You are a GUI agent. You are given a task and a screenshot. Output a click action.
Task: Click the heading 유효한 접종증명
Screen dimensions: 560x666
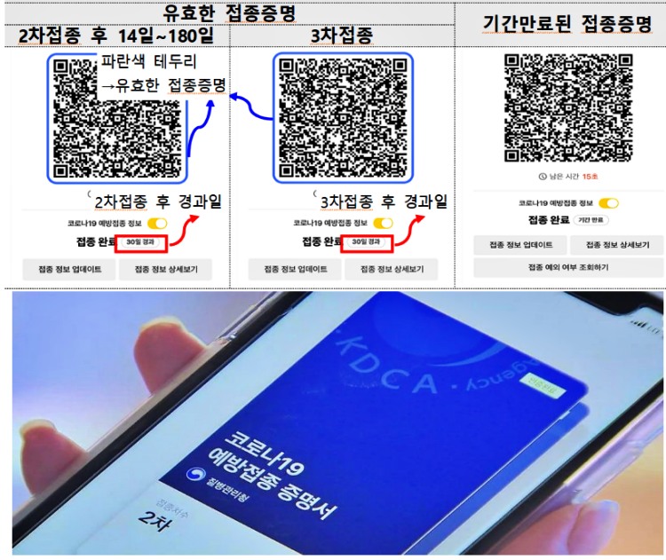(230, 13)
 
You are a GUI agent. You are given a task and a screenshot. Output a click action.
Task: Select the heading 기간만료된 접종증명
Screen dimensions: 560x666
(561, 24)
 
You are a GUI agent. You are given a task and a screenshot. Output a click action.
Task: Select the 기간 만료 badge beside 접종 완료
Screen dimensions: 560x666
(591, 219)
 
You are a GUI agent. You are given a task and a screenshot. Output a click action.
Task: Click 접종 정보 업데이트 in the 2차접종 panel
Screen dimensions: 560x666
(68, 269)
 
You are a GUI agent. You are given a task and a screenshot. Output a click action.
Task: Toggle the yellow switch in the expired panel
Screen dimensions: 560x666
(608, 203)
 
